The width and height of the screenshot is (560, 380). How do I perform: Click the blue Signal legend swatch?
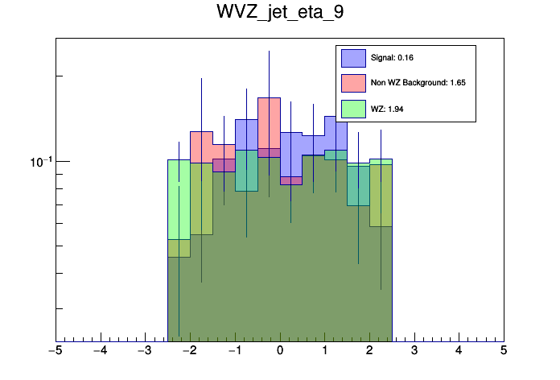[353, 58]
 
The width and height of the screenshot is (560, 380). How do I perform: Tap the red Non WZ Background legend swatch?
[353, 82]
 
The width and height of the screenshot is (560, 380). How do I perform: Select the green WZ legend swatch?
[353, 108]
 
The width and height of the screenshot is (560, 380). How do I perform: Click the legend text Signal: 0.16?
[392, 58]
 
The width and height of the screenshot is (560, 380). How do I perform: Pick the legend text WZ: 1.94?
[387, 108]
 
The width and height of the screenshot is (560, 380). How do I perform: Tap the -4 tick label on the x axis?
[100, 350]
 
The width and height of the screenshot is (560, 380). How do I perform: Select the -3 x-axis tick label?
[144, 350]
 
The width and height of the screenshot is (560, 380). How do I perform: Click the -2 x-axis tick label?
[189, 350]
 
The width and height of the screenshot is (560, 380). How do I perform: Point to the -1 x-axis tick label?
[233, 350]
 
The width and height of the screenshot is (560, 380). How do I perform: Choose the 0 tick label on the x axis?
[280, 350]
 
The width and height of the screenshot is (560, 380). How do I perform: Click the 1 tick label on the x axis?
[324, 350]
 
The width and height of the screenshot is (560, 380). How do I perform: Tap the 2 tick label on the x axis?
[369, 350]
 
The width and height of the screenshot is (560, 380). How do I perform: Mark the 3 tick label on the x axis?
[414, 350]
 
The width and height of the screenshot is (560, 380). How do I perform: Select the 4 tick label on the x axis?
[459, 350]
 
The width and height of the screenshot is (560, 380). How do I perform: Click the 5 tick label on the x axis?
[504, 350]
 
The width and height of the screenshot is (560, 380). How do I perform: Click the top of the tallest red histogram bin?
[269, 98]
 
